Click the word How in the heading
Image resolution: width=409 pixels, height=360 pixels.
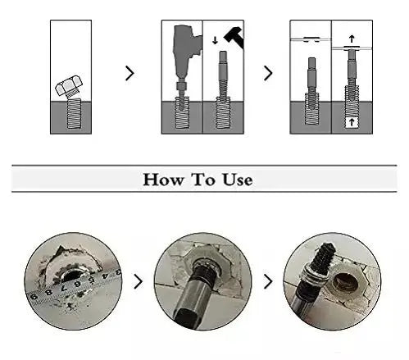tap(163, 180)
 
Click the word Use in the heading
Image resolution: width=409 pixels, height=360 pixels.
tap(237, 180)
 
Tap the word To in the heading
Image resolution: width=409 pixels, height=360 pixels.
tap(203, 180)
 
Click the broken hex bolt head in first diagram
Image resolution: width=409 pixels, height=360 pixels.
tap(69, 86)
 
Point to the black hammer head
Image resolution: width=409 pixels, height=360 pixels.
tap(234, 37)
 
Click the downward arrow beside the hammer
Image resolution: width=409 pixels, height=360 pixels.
tap(215, 40)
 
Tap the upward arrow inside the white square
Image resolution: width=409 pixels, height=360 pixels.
tap(352, 122)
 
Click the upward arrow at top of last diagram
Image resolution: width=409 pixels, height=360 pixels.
tap(352, 39)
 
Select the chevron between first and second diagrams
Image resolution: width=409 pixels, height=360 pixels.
tap(130, 73)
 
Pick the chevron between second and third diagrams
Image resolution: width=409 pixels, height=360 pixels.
tap(268, 73)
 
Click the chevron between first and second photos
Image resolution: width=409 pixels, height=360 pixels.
tap(139, 281)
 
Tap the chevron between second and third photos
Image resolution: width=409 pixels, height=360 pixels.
tap(268, 281)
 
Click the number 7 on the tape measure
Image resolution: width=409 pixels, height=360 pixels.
tap(65, 289)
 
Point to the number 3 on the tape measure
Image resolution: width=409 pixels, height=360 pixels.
tap(118, 271)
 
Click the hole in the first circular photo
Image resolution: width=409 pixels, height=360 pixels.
tap(72, 275)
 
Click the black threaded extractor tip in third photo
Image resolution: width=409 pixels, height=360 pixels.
tap(323, 256)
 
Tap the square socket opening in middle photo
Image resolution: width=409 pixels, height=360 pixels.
tap(186, 317)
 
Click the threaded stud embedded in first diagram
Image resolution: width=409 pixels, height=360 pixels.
tap(74, 113)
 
